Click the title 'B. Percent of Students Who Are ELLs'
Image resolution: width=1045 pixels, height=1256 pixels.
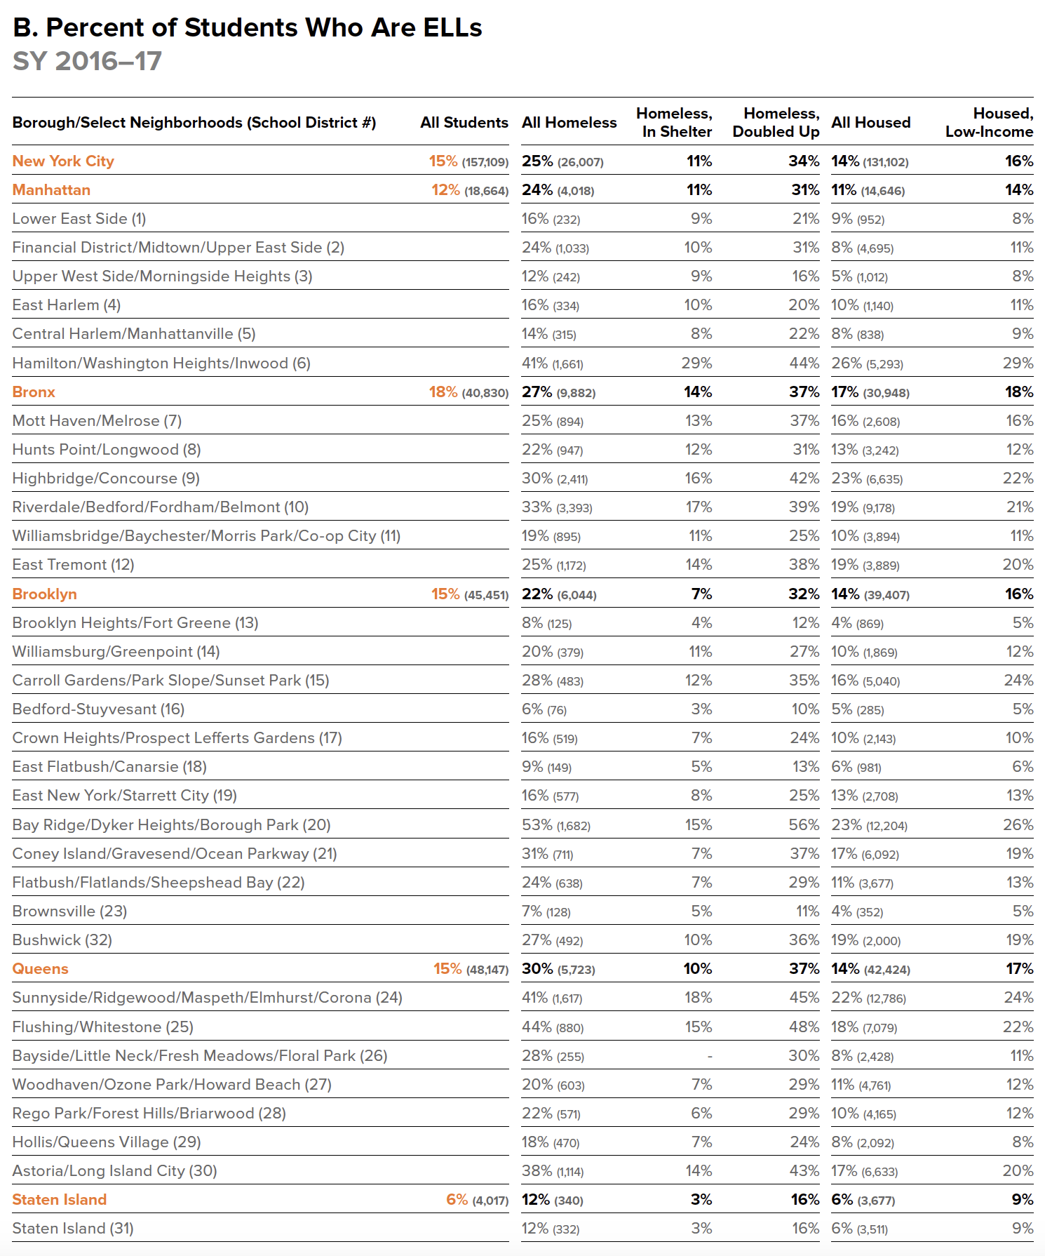[x=247, y=28]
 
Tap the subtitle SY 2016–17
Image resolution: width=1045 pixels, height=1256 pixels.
[x=87, y=62]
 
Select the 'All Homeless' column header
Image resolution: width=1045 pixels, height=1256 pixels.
[x=569, y=123]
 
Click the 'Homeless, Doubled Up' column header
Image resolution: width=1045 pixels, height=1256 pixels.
[x=776, y=123]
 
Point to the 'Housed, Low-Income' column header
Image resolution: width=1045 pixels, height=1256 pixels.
[x=989, y=123]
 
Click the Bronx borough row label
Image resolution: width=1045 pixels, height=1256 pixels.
[x=34, y=392]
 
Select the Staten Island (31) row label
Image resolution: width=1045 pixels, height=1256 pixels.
[x=73, y=1229]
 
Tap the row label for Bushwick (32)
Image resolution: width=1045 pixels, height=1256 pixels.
[x=62, y=940]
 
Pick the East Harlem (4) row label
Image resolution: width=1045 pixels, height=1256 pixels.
[x=67, y=305]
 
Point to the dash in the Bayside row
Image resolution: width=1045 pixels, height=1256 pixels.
[x=710, y=1056]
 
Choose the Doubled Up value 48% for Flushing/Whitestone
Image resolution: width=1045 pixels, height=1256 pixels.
[x=804, y=1027]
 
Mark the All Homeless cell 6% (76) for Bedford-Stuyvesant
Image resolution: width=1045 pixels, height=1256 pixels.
[x=544, y=709]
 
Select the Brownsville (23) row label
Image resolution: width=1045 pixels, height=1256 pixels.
[x=69, y=911]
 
